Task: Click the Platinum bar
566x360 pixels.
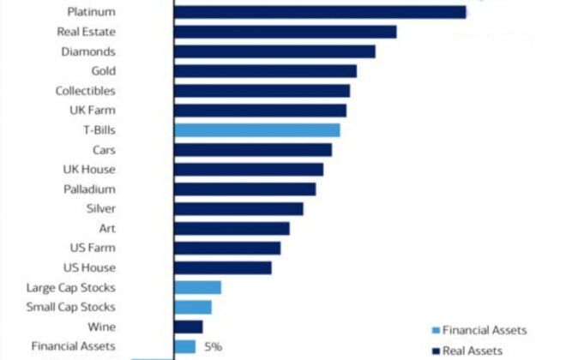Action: point(319,12)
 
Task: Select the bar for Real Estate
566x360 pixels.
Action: point(285,32)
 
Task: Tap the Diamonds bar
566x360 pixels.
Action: point(274,51)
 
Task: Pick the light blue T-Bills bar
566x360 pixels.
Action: point(256,130)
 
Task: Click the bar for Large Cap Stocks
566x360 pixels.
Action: point(197,287)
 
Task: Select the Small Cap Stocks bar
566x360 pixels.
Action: point(192,307)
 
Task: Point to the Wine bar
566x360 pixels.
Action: point(188,327)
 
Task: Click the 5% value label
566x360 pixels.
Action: point(213,346)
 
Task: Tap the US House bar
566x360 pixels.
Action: point(222,267)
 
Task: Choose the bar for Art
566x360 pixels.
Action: point(232,228)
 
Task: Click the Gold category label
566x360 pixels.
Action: point(103,71)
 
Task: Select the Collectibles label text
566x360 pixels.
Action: point(85,91)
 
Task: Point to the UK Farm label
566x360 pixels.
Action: point(93,111)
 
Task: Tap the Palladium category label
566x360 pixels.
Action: point(89,189)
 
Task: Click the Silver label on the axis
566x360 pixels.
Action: point(101,208)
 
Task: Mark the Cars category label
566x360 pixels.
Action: point(104,150)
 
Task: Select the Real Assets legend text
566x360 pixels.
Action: point(473,350)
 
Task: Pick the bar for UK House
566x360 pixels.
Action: point(248,170)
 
